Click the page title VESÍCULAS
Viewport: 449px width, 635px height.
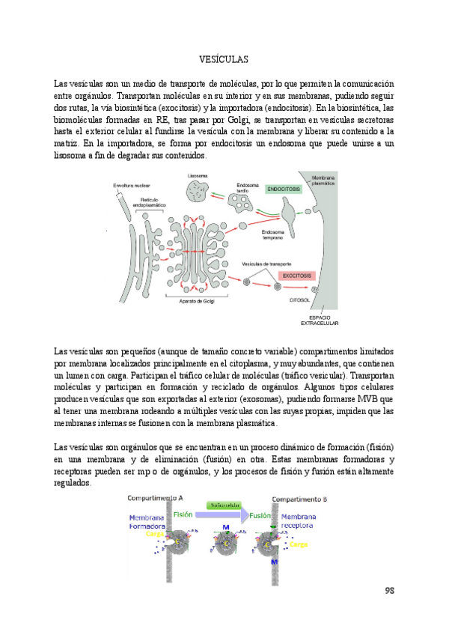224,58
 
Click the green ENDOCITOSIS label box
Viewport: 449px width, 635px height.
284,190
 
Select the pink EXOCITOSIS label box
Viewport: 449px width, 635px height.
287,276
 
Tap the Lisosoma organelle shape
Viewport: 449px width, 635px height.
195,191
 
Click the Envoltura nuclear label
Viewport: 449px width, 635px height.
129,185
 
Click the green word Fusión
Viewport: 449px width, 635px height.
259,515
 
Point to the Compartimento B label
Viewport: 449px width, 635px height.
297,498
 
